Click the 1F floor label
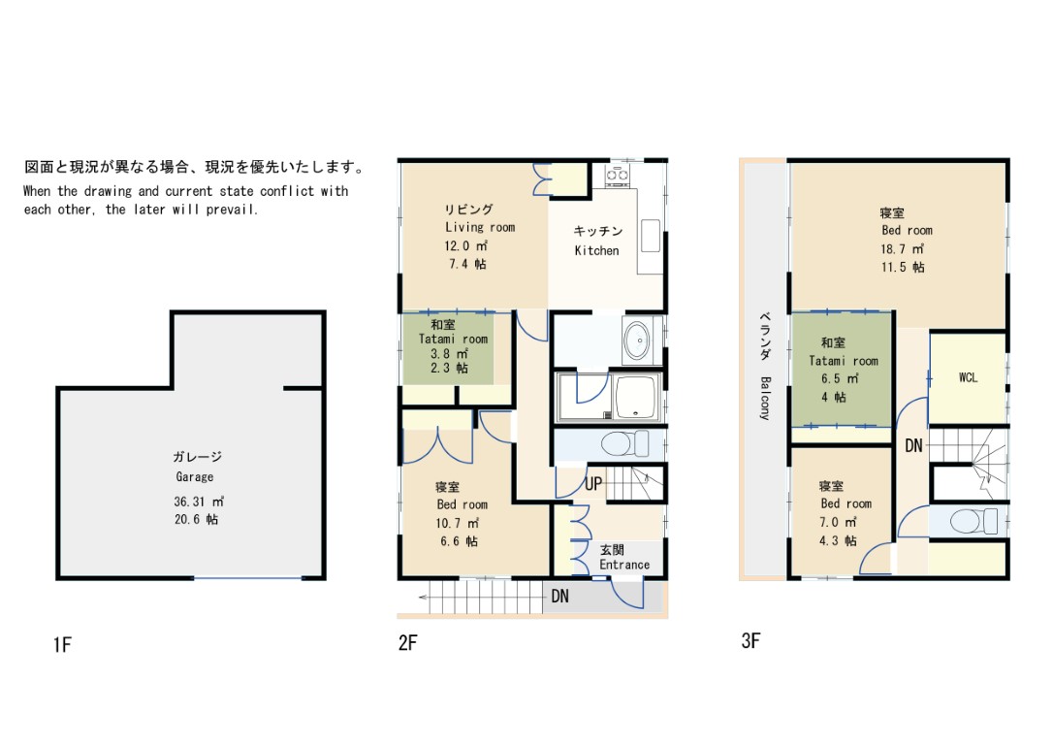[x=62, y=645]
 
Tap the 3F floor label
[x=750, y=641]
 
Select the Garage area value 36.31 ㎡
[x=199, y=502]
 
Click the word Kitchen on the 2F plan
[x=596, y=250]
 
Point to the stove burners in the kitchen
[x=617, y=176]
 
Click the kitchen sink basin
[x=650, y=236]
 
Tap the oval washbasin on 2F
[x=637, y=340]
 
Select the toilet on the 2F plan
[x=624, y=444]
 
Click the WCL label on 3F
[x=968, y=377]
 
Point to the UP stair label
[x=593, y=484]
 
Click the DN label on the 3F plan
[x=913, y=445]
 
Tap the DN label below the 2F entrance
[x=559, y=596]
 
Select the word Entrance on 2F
[x=624, y=565]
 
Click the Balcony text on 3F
[x=765, y=399]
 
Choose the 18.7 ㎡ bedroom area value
[x=903, y=248]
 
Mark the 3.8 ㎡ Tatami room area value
[x=449, y=353]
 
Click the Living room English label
[x=480, y=227]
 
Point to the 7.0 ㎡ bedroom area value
[x=838, y=522]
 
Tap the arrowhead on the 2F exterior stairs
[x=424, y=597]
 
